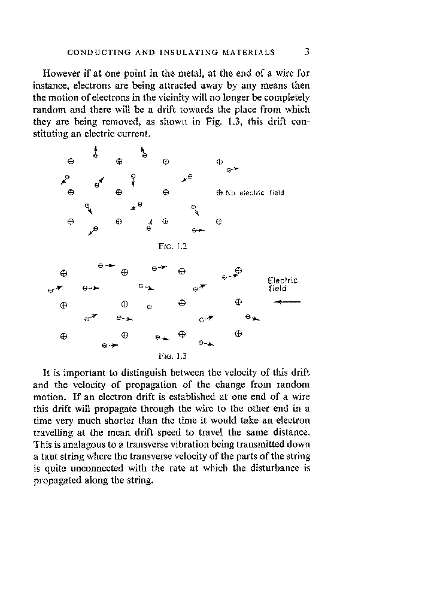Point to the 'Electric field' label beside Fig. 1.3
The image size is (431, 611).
[x=283, y=283]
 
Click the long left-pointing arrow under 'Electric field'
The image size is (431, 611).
[x=286, y=303]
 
